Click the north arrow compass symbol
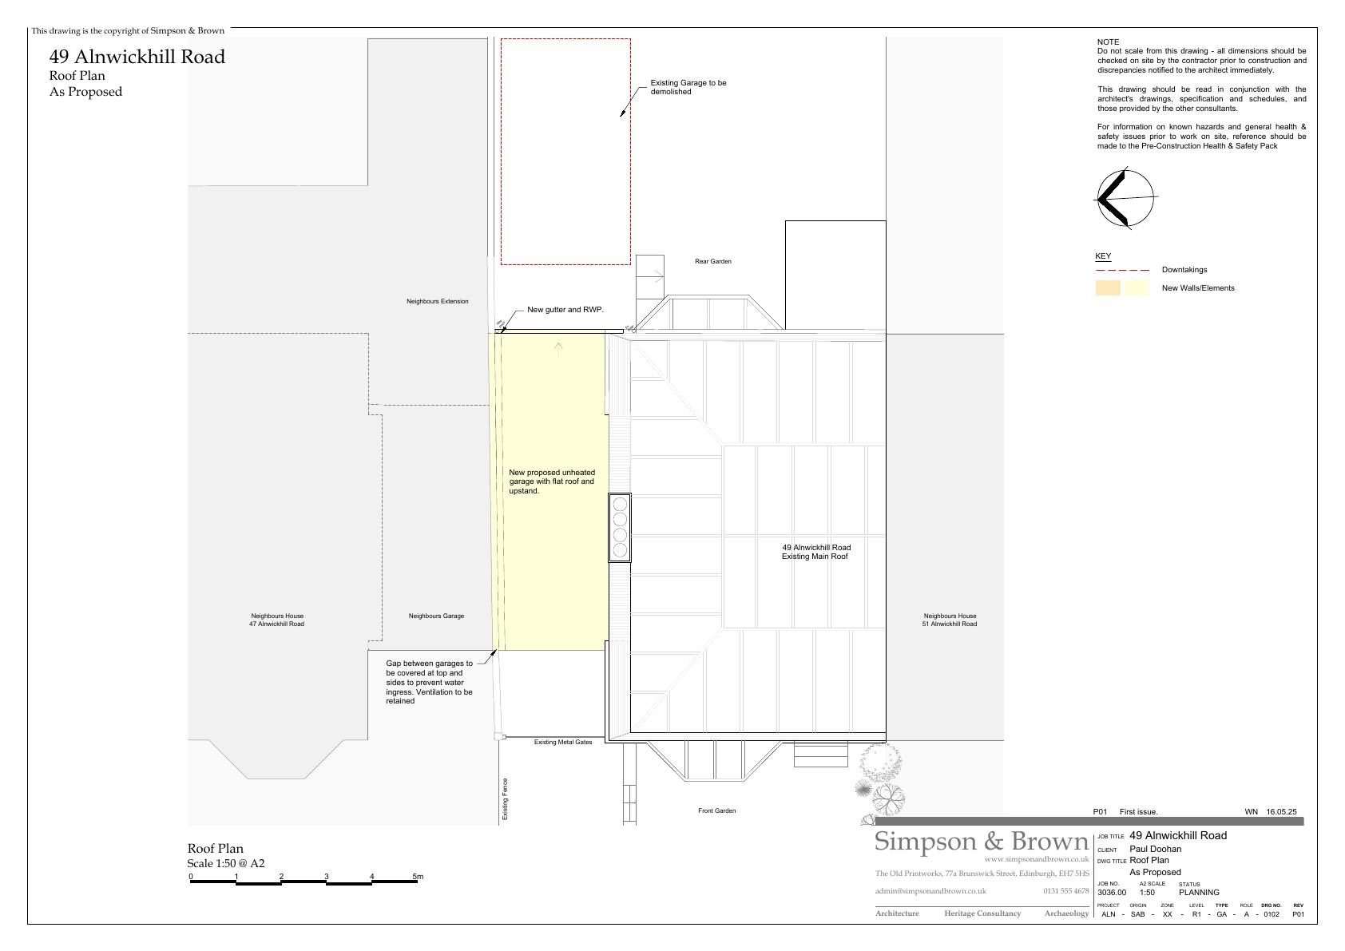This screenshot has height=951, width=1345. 1125,198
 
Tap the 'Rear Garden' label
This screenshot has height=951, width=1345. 712,261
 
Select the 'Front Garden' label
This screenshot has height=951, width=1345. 716,810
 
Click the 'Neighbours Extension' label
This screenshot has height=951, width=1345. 437,301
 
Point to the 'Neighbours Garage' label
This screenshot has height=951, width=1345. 436,616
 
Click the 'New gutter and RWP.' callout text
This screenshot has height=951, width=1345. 565,310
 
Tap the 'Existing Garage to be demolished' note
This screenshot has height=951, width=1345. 688,87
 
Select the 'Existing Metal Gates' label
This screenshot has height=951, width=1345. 562,742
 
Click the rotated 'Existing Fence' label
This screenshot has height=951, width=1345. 505,799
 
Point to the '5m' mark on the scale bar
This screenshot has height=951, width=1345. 417,877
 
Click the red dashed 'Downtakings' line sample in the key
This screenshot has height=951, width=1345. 1122,270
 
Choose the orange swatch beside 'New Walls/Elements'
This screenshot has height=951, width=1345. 1108,288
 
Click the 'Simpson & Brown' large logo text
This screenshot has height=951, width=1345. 981,841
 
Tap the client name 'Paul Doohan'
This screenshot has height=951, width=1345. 1155,849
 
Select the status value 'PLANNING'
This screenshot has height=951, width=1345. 1199,893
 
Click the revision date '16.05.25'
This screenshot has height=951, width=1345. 1281,812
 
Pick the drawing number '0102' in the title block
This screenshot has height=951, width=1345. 1272,914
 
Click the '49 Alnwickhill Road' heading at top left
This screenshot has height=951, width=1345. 137,57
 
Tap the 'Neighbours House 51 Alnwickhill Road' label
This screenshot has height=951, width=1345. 950,620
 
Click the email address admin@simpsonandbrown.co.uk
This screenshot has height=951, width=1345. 930,892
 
